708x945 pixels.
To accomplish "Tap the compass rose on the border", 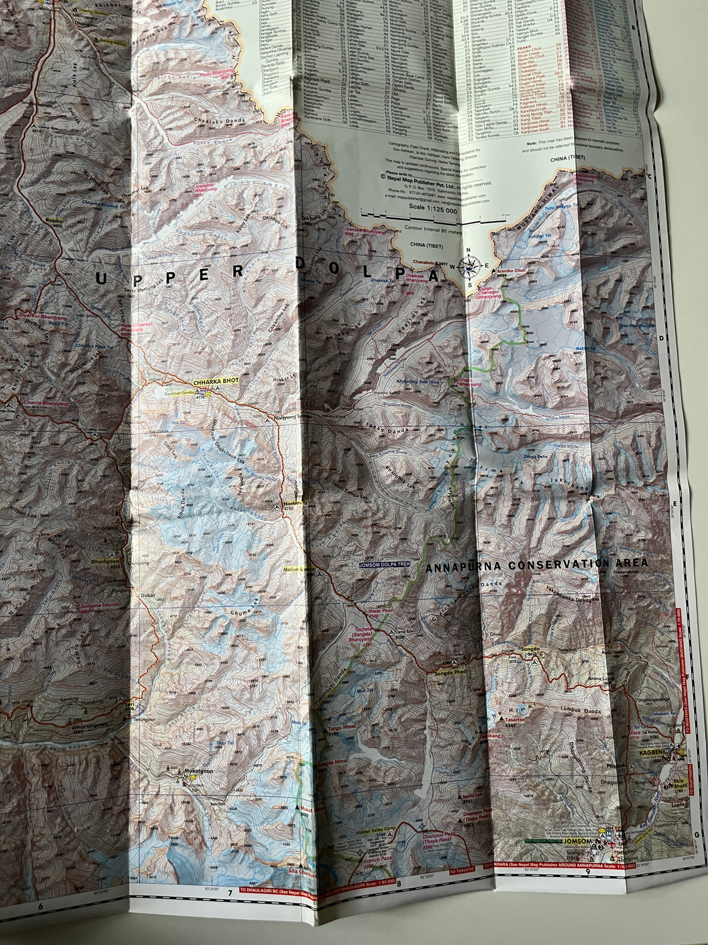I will [469, 268].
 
